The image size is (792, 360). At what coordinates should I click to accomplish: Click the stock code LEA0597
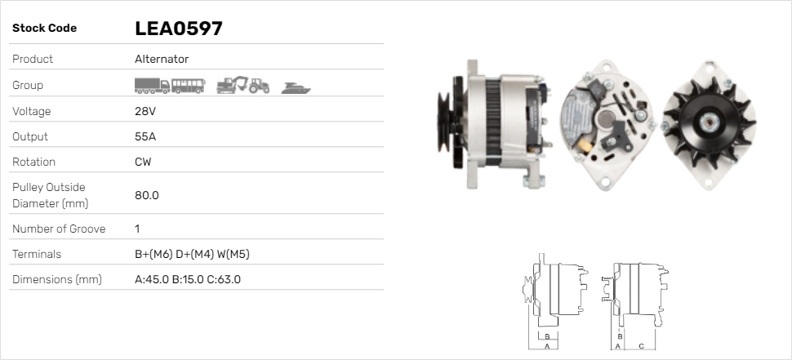coord(179,29)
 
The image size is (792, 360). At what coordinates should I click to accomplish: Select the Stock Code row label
coord(45,29)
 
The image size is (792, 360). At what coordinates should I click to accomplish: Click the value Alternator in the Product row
coord(162,59)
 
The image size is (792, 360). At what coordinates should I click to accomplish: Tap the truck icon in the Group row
coord(152,86)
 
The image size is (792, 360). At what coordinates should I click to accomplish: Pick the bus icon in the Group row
coord(189,86)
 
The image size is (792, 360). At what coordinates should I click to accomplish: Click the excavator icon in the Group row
coord(233,85)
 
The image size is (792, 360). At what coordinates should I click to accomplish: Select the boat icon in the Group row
coord(296,87)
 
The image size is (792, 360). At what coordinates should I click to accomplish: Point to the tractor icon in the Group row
coord(260,86)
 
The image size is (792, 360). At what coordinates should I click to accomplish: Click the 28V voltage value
coord(144,111)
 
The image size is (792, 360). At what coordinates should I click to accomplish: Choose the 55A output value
coord(145,136)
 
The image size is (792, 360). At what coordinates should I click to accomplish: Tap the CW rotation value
coord(143,162)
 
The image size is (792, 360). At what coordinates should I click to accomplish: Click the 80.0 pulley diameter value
coord(147,195)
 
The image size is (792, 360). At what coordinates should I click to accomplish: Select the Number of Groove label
coord(59,229)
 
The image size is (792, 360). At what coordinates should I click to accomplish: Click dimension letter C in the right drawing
coord(642,346)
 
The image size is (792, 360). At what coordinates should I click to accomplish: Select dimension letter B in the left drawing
coord(547,336)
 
